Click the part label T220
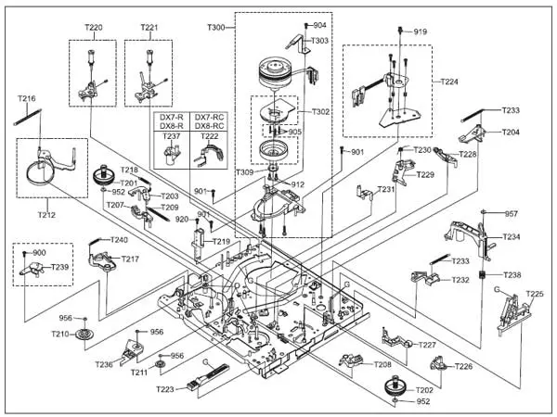pos(94,28)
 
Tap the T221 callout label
pos(149,28)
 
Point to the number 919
pos(421,32)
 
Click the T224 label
pos(448,82)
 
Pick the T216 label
pos(27,98)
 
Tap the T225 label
pos(535,294)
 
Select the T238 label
pos(512,275)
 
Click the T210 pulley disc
pos(84,335)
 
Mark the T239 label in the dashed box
pos(59,267)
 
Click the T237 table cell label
pos(172,136)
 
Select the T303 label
pos(319,41)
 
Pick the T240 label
pos(119,240)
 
